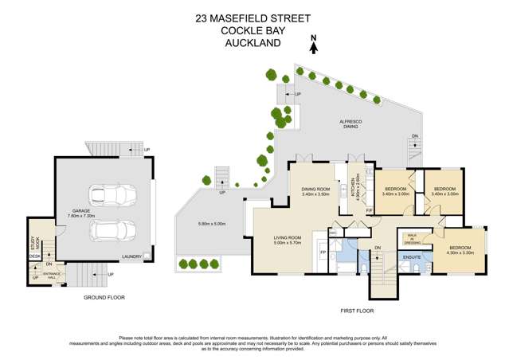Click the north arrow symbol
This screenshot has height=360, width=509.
click(x=314, y=46)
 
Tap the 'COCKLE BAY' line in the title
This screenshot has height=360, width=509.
click(x=253, y=32)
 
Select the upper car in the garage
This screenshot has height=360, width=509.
click(x=112, y=195)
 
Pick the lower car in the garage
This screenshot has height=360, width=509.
click(x=112, y=232)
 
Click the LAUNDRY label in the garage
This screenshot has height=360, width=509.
click(x=131, y=256)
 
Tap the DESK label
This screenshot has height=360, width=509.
click(x=34, y=256)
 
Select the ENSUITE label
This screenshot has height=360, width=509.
click(x=412, y=257)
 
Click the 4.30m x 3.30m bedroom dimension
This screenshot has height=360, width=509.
click(x=460, y=252)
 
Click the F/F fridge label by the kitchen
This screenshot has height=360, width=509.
click(x=370, y=209)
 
